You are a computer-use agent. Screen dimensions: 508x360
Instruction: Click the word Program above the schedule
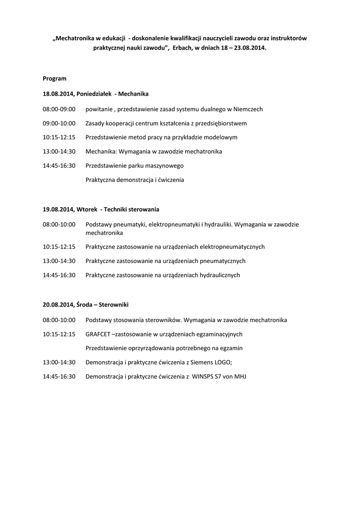pos(55,78)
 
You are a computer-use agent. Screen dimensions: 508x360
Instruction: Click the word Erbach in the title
pos(185,49)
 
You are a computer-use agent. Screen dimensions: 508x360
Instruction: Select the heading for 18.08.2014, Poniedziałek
pos(95,93)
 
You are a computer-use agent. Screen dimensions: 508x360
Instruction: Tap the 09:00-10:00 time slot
pos(59,123)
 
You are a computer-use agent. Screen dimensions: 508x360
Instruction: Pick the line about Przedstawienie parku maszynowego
pos(135,166)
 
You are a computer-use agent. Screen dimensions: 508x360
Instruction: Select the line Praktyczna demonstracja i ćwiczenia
pos(135,180)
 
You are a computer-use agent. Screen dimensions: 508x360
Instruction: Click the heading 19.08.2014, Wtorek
pos(101,209)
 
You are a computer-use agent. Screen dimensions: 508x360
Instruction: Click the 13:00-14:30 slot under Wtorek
pos(59,260)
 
